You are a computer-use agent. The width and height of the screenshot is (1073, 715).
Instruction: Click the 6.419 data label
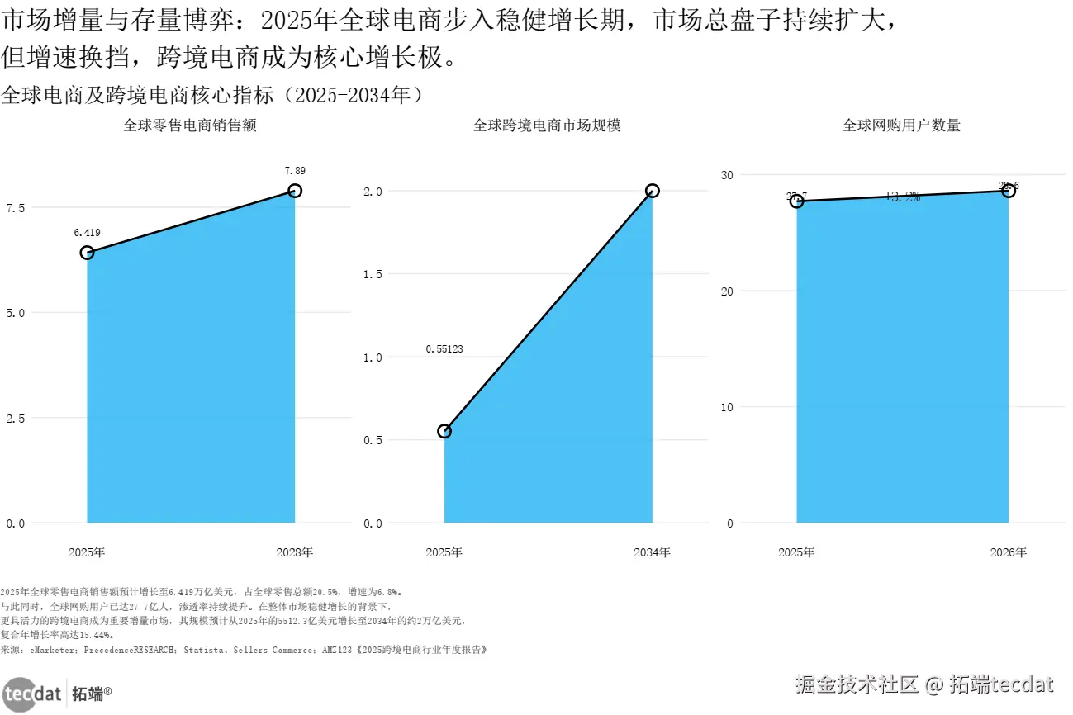coord(87,233)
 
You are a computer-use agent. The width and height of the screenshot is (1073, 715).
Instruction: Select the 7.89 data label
coord(295,171)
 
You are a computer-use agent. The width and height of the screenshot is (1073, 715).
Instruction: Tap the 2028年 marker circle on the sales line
coord(295,191)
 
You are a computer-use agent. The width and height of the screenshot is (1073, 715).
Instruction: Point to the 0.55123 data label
coord(444,349)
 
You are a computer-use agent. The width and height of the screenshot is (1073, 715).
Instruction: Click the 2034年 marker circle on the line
coord(652,191)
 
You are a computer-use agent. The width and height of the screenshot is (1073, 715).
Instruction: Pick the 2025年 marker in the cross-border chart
coord(444,431)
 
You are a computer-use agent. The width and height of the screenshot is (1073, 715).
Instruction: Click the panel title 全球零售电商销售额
coord(190,125)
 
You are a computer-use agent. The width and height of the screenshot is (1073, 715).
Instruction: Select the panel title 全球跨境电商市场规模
coord(547,125)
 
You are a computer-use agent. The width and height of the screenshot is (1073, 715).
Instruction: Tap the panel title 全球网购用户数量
coord(901,125)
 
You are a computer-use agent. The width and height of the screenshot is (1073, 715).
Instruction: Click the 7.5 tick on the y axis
coord(16,207)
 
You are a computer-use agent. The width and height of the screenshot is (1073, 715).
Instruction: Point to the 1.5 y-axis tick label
coord(373,274)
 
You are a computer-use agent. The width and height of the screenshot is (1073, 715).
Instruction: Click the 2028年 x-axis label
coord(295,552)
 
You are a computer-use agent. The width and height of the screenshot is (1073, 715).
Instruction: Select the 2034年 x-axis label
coord(652,552)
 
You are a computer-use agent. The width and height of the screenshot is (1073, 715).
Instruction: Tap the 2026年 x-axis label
coord(1009,552)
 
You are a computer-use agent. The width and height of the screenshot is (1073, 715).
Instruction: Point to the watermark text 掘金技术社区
coord(857,684)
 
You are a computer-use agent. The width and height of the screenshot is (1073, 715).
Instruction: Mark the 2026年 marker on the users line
coord(1009,191)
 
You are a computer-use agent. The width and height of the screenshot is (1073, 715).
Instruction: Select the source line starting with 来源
coord(244,650)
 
